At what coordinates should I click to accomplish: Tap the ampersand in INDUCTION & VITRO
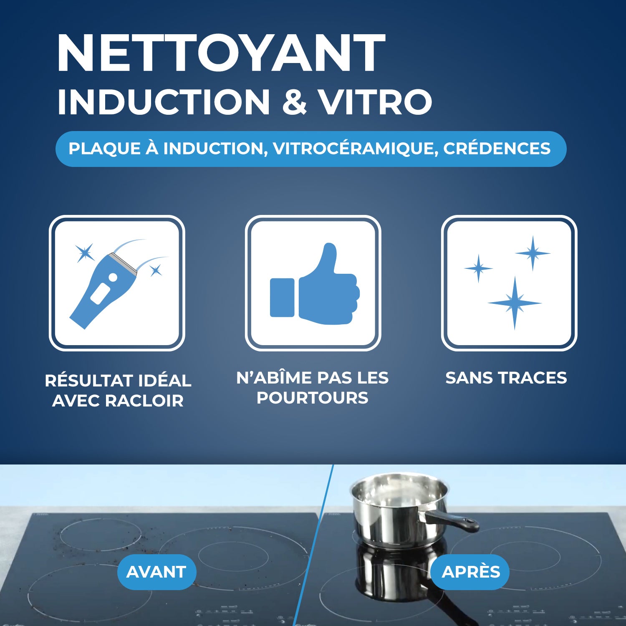(x=295, y=102)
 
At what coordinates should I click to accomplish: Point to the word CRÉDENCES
(x=497, y=149)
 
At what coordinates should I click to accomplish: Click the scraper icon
(x=104, y=288)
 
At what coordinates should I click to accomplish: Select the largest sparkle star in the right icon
(x=515, y=303)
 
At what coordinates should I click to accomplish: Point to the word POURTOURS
(x=312, y=398)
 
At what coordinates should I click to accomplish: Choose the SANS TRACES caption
(x=506, y=378)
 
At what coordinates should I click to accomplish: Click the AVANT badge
(x=156, y=572)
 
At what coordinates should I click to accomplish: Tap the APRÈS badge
(x=470, y=572)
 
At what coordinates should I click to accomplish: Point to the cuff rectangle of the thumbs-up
(x=282, y=298)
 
